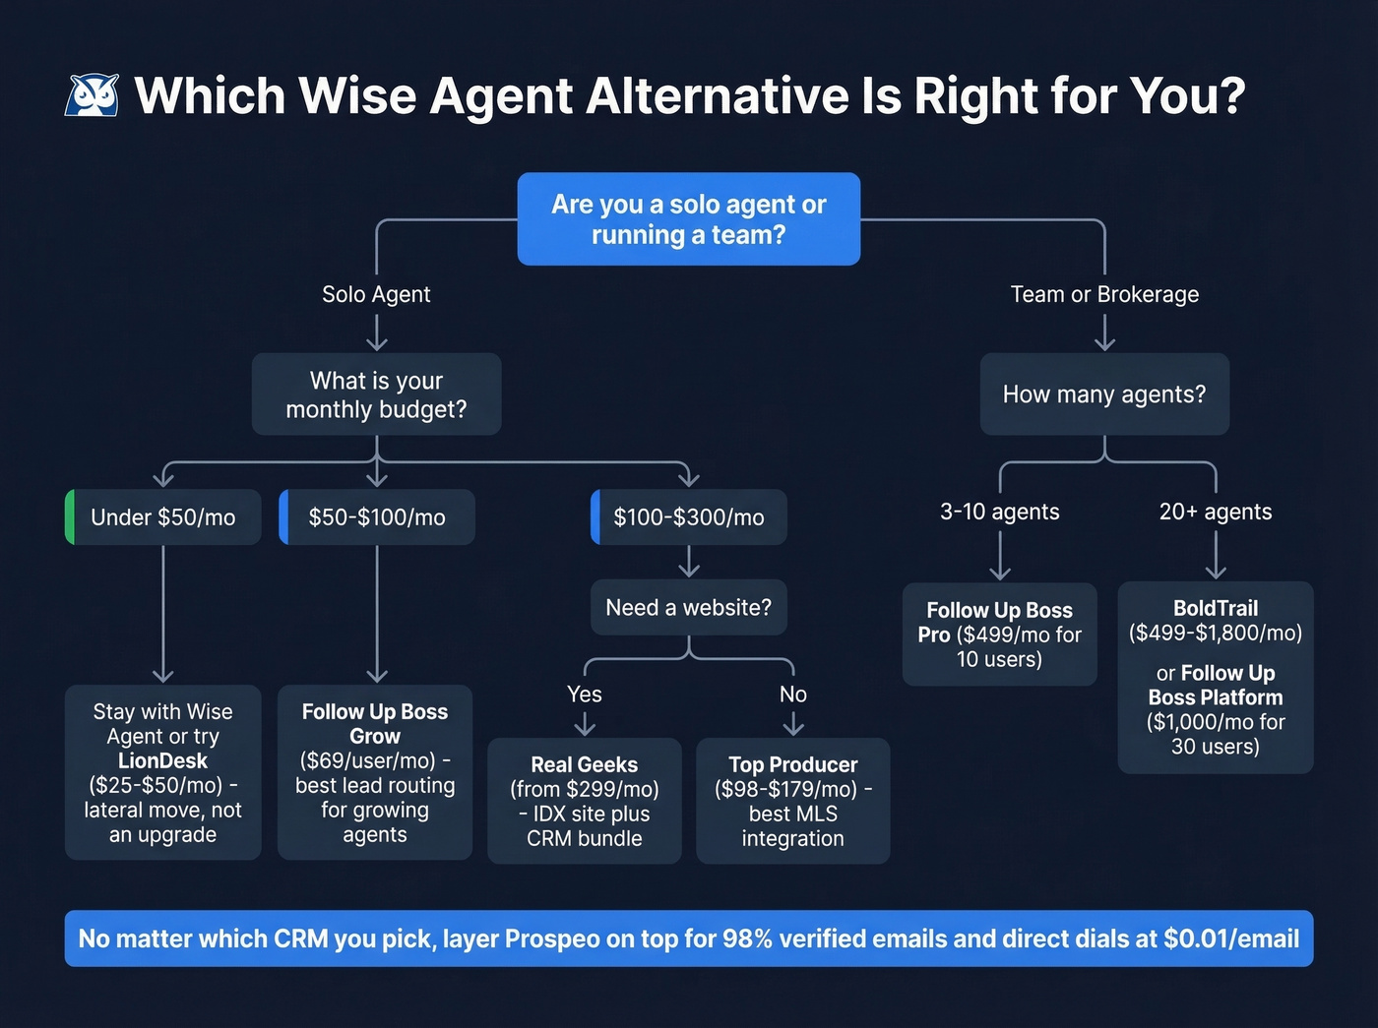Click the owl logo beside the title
92,95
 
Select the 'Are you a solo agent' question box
688,219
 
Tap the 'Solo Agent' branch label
376,294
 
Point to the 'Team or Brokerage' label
1104,294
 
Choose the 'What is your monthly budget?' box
376,394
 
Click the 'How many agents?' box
1104,394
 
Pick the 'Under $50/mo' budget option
163,517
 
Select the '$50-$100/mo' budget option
377,517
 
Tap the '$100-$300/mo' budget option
689,517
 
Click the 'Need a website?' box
688,608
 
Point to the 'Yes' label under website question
585,695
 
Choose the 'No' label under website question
793,695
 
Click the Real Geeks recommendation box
585,801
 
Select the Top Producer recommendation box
793,801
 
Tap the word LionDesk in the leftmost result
162,760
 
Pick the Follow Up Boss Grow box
375,772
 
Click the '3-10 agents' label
1000,512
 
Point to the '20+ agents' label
1216,512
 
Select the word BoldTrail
1216,608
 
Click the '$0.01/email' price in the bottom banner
1231,938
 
